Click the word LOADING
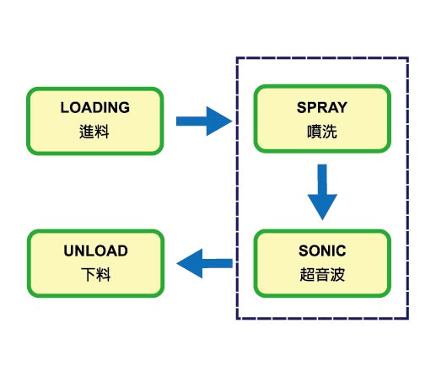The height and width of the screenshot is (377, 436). [x=95, y=107]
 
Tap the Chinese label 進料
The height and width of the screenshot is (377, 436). [x=94, y=132]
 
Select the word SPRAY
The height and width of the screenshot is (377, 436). [x=322, y=107]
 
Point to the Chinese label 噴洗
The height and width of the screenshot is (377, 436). [x=322, y=132]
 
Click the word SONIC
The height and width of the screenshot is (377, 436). [x=322, y=250]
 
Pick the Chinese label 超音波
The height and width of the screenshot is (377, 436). [x=322, y=274]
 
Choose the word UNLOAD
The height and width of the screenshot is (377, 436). [x=95, y=250]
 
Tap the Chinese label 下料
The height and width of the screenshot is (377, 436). [x=96, y=274]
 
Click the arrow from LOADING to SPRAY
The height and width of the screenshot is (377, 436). [x=204, y=121]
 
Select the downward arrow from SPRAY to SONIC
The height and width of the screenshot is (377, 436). [x=322, y=192]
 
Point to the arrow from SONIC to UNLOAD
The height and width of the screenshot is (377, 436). [x=204, y=263]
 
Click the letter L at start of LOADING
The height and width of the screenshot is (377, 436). [x=65, y=107]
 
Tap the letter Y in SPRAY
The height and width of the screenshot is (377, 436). [x=342, y=107]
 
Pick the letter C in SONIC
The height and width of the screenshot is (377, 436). [x=341, y=250]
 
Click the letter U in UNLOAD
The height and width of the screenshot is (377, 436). [x=69, y=250]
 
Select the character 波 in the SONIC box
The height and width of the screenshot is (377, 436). [x=337, y=274]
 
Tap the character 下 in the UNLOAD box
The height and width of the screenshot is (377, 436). [x=89, y=274]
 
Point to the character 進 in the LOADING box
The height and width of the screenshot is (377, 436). [x=86, y=132]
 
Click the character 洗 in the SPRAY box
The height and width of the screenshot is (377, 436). [x=330, y=132]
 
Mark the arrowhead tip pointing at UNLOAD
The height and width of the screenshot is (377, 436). [x=177, y=263]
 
